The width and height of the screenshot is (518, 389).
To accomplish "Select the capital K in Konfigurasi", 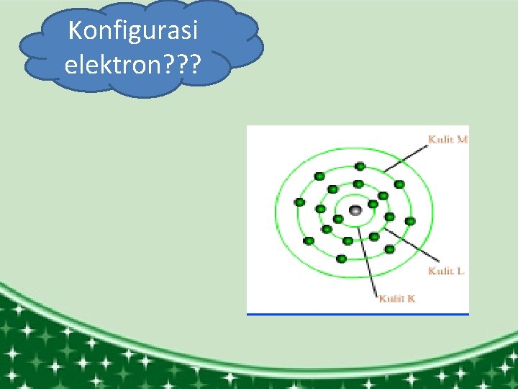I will [x=74, y=32].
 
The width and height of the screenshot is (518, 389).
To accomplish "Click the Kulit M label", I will [x=447, y=139].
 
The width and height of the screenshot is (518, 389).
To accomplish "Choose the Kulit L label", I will [x=446, y=271].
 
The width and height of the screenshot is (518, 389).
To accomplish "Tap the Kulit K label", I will [x=397, y=298].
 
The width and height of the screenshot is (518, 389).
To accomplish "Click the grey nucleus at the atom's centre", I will [x=355, y=210].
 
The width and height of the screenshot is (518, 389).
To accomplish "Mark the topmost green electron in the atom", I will [x=359, y=167].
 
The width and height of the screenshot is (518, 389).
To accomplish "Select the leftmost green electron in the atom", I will [x=299, y=202].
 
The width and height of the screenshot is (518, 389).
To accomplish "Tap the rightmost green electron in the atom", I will [x=410, y=221].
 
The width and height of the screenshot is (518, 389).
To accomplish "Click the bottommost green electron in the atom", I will [x=342, y=259].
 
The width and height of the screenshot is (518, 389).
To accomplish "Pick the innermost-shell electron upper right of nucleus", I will [x=373, y=203].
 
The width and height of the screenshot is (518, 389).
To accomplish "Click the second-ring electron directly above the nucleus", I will [x=358, y=184].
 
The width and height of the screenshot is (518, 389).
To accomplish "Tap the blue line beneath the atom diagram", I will [x=358, y=314].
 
